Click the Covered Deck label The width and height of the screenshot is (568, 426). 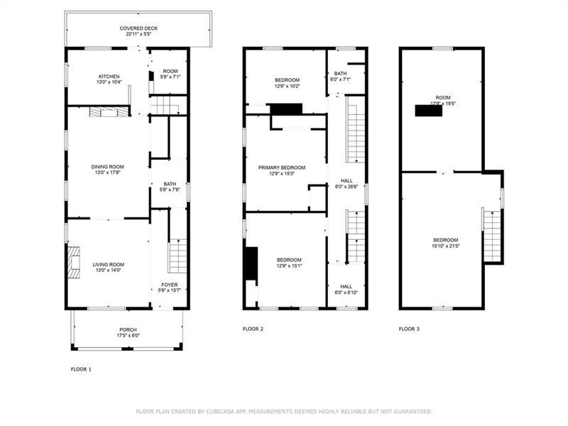click(x=138, y=31)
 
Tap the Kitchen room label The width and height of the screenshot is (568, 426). click(x=109, y=80)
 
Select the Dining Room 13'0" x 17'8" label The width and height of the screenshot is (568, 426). click(x=108, y=170)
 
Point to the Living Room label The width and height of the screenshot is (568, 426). click(x=109, y=268)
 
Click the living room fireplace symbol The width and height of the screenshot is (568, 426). click(x=74, y=263)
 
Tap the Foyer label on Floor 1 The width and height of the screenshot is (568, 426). click(x=170, y=288)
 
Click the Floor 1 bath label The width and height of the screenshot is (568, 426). click(x=170, y=187)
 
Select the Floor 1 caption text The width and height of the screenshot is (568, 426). click(x=81, y=369)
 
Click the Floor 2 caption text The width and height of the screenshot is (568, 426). click(x=253, y=329)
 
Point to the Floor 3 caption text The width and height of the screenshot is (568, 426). click(x=410, y=329)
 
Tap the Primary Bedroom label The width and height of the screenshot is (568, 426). click(x=282, y=170)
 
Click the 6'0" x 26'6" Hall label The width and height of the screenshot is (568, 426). click(x=346, y=184)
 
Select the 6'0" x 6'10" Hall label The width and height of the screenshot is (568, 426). click(x=346, y=290)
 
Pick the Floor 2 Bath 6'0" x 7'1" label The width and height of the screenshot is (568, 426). click(x=341, y=76)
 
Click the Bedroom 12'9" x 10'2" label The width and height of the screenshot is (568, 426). click(x=288, y=83)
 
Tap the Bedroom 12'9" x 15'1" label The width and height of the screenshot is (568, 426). click(x=289, y=263)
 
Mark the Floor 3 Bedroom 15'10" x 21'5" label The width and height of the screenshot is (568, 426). click(x=446, y=243)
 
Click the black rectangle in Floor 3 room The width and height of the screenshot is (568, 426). click(x=429, y=111)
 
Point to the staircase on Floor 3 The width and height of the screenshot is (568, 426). click(x=492, y=236)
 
